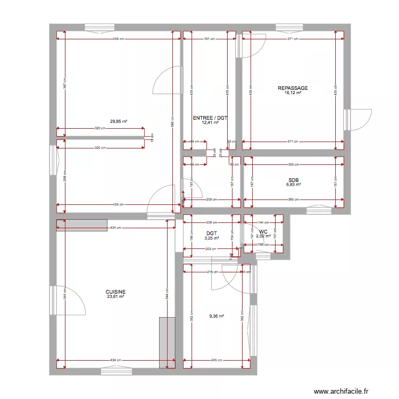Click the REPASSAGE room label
coord(293,88)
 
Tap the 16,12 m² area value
coord(293,93)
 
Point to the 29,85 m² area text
coord(119,121)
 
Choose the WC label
coord(263,231)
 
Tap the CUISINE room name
coord(115,292)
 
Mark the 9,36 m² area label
coord(217,316)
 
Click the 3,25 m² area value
coord(212,238)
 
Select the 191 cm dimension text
coord(209,39)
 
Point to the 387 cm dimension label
coord(64,82)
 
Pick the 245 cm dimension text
coord(217,360)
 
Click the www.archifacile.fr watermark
coord(340,391)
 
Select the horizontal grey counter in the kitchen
coord(81,225)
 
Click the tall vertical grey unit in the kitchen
coord(167,343)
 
